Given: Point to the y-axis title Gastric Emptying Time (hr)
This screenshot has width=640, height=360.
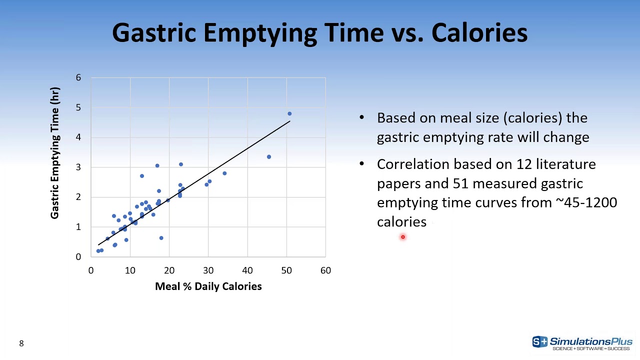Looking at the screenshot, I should click(x=55, y=152).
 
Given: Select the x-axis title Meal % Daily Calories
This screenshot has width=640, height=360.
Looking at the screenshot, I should click(x=208, y=286).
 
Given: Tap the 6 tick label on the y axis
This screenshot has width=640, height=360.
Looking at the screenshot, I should click(x=78, y=78).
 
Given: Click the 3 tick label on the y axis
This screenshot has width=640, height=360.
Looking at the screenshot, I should click(x=78, y=167).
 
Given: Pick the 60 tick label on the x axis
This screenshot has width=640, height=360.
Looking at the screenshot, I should click(x=325, y=270).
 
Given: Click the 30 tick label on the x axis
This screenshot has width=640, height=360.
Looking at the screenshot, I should click(x=208, y=270).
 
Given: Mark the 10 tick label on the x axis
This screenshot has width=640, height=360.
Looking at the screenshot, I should click(x=130, y=270).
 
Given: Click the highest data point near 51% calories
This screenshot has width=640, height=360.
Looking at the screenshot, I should click(x=289, y=114).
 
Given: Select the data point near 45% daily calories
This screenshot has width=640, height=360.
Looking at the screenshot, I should click(x=269, y=157).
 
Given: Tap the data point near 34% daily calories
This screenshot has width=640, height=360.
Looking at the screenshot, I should click(x=224, y=173).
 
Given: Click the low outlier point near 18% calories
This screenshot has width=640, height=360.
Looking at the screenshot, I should click(x=161, y=238).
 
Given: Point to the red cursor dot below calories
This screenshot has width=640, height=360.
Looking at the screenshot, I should click(x=402, y=237).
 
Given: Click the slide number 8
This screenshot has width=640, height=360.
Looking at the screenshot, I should click(x=21, y=343).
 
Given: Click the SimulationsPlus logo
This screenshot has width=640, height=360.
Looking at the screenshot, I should click(x=582, y=342).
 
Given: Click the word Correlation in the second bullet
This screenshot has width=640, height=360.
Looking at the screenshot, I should click(x=413, y=164).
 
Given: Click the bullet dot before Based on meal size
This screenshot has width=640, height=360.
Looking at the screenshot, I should click(x=361, y=117).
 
